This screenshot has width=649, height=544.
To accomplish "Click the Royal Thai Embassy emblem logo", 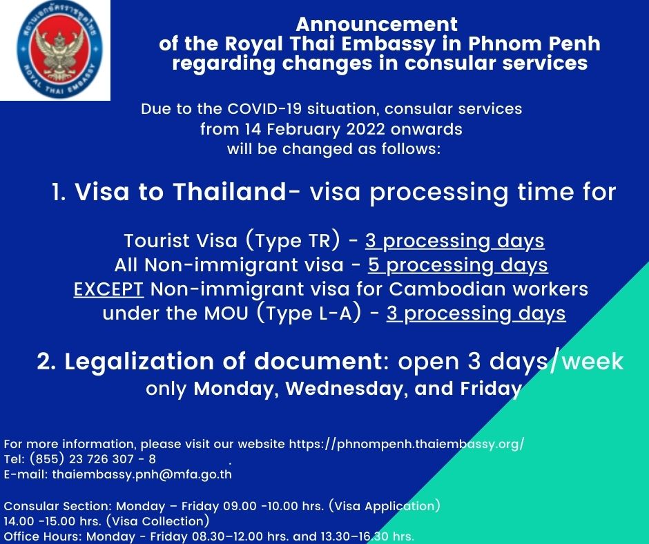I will (x=55, y=50).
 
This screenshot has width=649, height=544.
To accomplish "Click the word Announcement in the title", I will (x=376, y=25).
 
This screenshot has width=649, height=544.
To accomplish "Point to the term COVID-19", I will (x=279, y=109).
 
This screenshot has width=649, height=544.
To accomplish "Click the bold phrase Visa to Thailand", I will (x=180, y=193).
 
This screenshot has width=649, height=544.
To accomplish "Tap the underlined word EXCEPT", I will (x=108, y=289).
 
